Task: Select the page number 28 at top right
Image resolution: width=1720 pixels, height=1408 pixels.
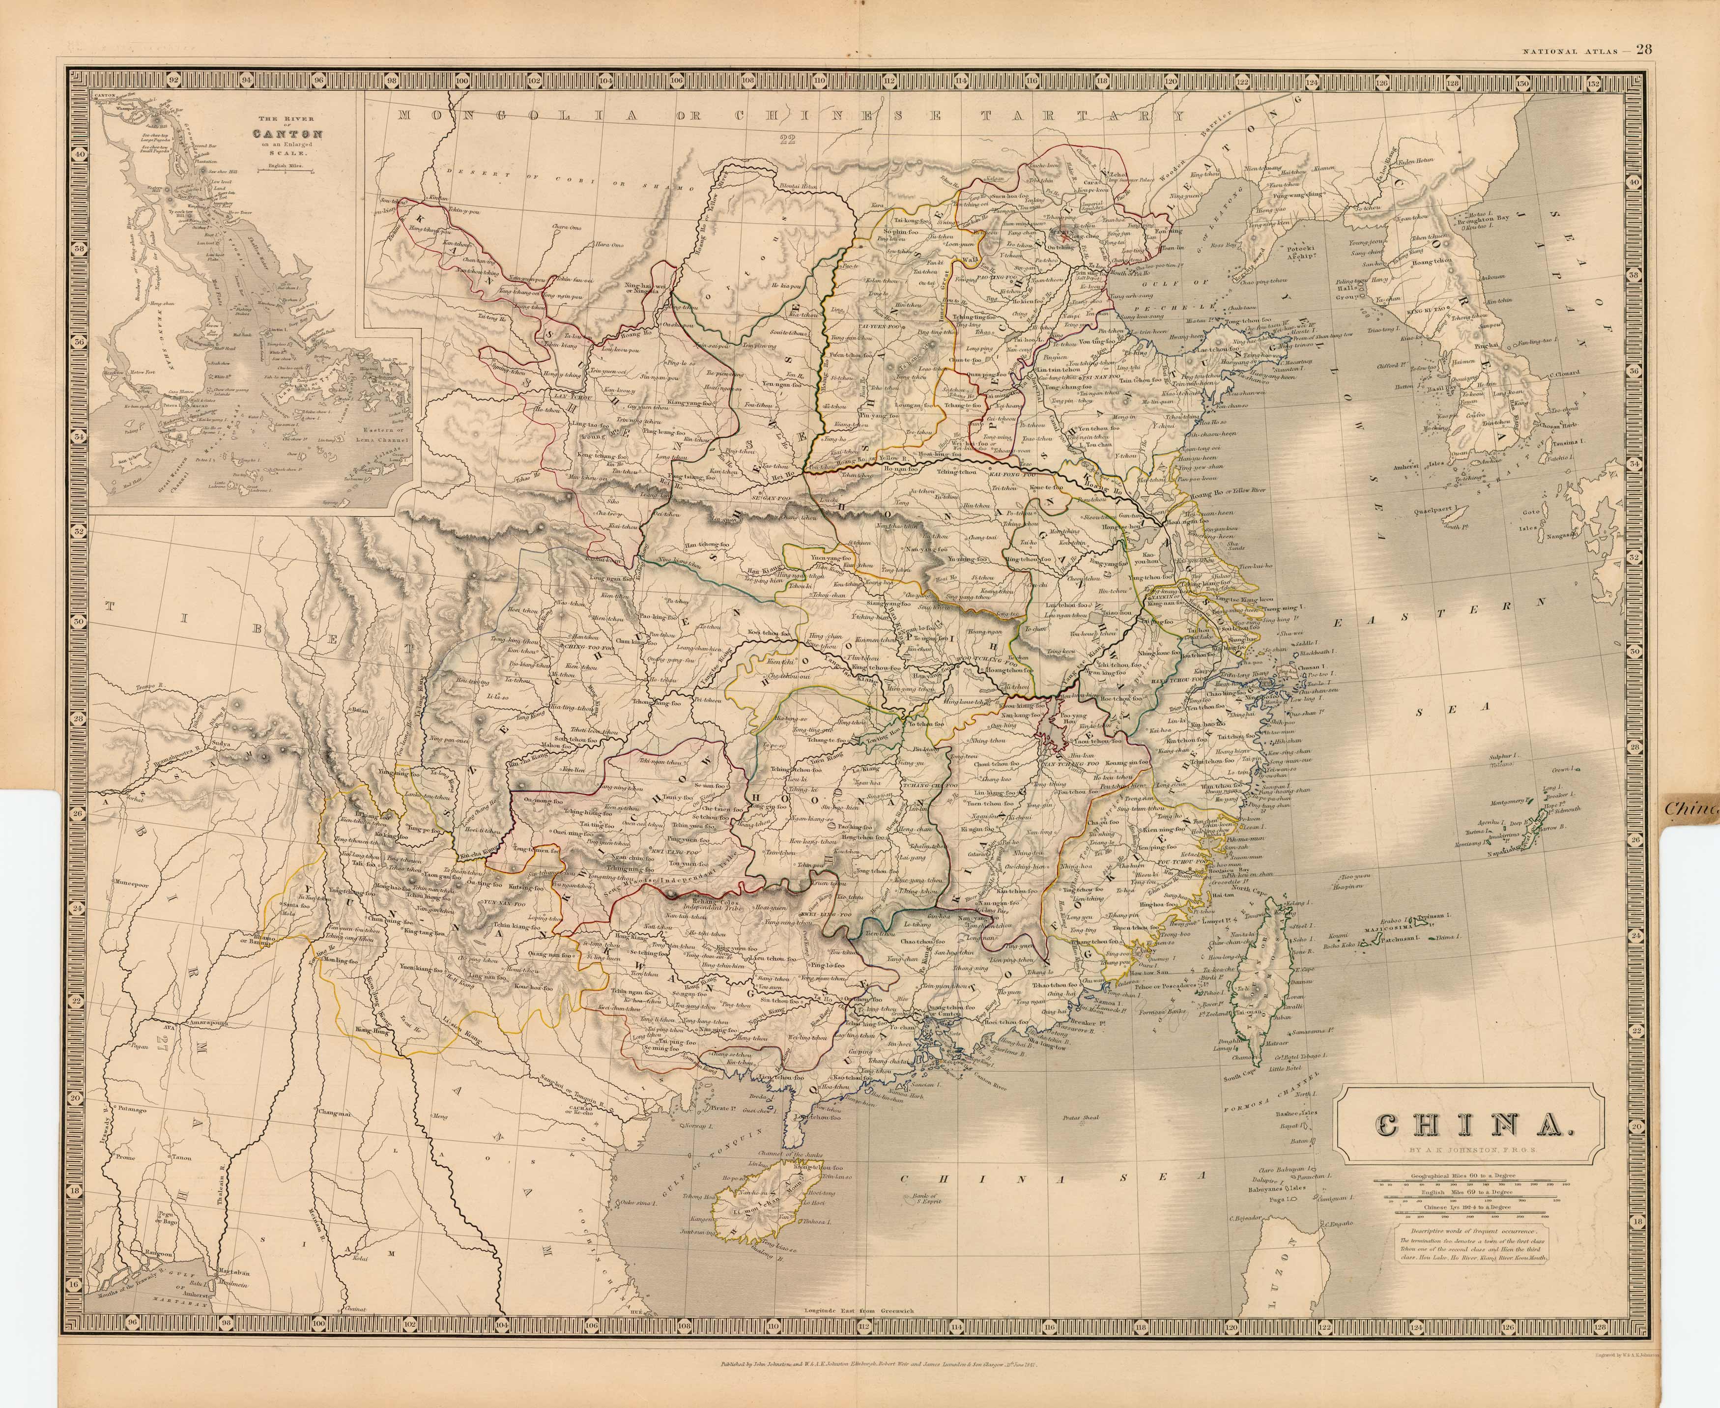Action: point(1644,49)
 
